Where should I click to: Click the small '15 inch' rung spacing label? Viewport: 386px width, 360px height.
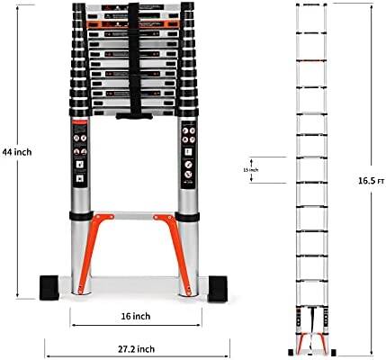pyautogui.click(x=254, y=169)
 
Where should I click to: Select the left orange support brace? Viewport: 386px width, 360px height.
pyautogui.click(x=91, y=244)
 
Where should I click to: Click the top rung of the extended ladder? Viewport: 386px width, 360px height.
pyautogui.click(x=310, y=13)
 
